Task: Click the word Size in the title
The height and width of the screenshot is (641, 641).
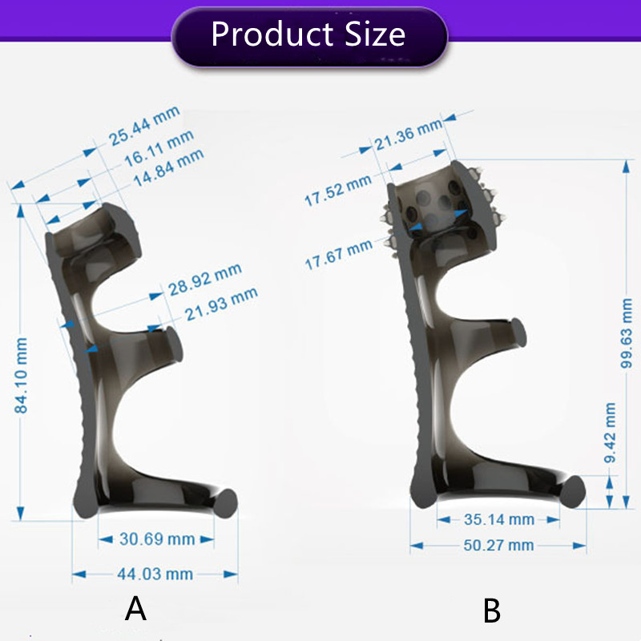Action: (x=373, y=34)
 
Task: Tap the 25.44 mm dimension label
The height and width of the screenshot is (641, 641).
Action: (x=145, y=126)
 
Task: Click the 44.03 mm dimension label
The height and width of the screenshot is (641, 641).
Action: (x=155, y=574)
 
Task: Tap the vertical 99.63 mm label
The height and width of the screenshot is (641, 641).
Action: (x=627, y=333)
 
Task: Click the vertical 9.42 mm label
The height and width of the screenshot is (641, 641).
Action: (x=611, y=433)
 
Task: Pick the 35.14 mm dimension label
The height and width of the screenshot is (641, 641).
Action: (x=498, y=519)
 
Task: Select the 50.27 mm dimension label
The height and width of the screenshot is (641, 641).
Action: (x=498, y=546)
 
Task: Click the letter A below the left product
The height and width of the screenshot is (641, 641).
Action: (x=136, y=610)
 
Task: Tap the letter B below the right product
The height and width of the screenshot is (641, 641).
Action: (x=492, y=611)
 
